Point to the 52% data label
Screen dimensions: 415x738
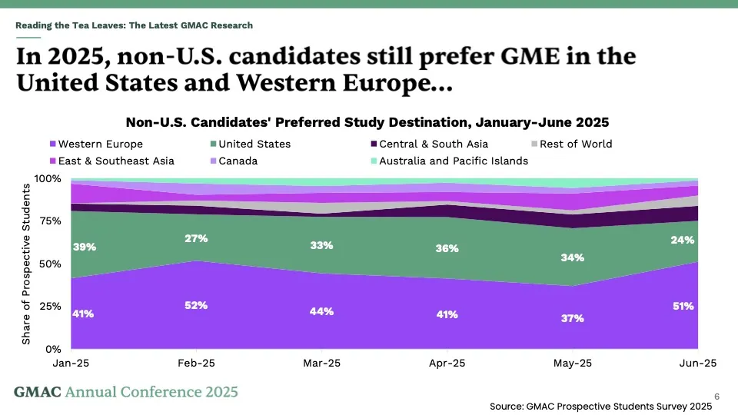coord(196,305)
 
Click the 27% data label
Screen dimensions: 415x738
coord(196,238)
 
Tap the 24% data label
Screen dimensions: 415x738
coord(682,240)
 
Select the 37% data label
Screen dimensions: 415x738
coord(572,318)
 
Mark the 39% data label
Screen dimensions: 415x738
coord(84,247)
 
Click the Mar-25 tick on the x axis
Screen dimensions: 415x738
coord(321,363)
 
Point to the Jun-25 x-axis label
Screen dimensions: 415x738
coord(698,363)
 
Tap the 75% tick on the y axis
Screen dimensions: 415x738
coord(50,221)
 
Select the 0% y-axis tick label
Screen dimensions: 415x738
coord(54,349)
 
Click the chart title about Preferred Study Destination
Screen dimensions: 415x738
coord(367,122)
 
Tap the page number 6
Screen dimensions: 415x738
coord(717,396)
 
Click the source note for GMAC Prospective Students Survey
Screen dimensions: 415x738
coord(600,407)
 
